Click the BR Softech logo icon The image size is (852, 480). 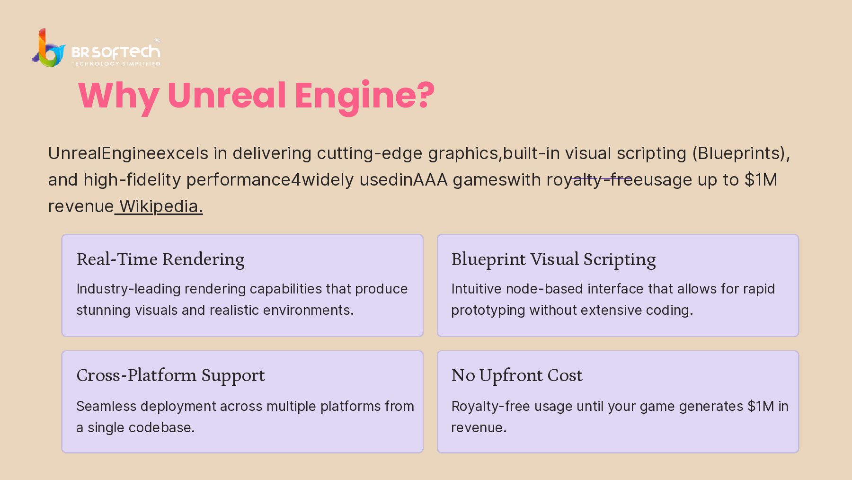[49, 48]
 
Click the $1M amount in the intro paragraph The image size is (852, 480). [761, 180]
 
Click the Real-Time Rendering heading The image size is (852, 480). [160, 259]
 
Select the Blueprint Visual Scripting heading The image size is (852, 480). [553, 259]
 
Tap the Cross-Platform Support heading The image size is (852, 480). [170, 375]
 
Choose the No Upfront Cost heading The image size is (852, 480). [517, 375]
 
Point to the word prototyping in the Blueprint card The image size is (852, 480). [488, 310]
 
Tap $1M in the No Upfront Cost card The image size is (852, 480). [761, 406]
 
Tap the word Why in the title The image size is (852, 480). [118, 95]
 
